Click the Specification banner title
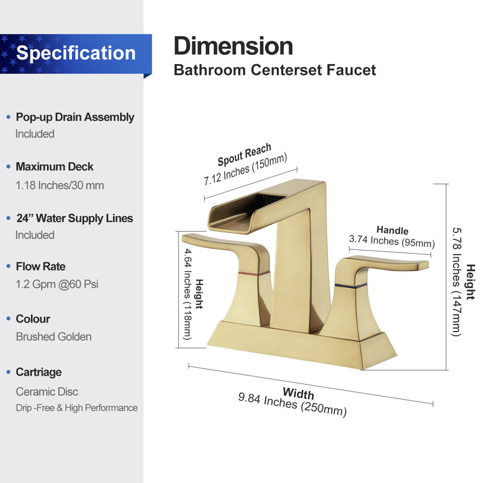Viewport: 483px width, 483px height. (76, 53)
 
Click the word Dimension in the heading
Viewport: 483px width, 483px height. (233, 46)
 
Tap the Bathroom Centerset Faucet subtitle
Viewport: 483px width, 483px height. (275, 70)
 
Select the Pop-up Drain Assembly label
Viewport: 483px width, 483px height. (75, 117)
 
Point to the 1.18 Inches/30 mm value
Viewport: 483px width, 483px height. (60, 185)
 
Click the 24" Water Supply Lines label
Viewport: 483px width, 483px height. (74, 218)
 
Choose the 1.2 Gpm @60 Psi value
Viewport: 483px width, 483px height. (57, 284)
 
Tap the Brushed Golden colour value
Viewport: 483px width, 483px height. (54, 336)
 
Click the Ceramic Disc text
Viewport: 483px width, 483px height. (47, 391)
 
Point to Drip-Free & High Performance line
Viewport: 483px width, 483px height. (77, 408)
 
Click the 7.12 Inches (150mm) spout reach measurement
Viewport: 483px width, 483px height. (245, 169)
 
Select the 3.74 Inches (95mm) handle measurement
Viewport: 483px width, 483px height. (391, 240)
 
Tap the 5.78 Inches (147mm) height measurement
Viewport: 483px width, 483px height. (456, 282)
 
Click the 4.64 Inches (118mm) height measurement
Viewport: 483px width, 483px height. (188, 294)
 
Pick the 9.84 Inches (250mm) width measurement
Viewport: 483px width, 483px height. (292, 404)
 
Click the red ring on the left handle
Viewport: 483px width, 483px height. (254, 273)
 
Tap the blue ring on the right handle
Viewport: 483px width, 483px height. (351, 286)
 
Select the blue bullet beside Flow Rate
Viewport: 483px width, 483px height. (8, 266)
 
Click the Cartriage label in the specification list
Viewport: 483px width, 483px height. (39, 372)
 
